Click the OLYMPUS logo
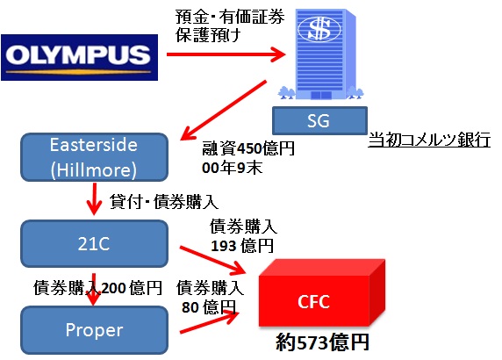79,57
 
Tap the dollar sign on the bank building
319,29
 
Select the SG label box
319,121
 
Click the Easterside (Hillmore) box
94,157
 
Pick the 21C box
94,244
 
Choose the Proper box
94,330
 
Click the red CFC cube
322,293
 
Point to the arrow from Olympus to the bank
226,54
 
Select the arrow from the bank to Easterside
224,111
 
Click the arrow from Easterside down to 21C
94,198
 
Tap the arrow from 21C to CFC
212,261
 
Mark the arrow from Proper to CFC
210,321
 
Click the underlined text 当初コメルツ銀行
429,140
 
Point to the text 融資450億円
248,148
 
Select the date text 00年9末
232,168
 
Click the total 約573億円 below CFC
322,342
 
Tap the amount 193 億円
242,246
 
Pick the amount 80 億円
209,306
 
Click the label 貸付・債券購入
164,202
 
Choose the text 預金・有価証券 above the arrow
230,17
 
